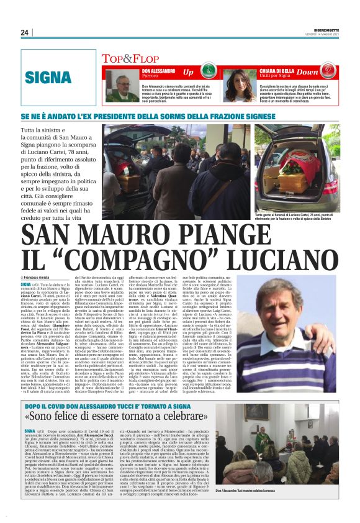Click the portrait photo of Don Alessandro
tap(122, 85)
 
